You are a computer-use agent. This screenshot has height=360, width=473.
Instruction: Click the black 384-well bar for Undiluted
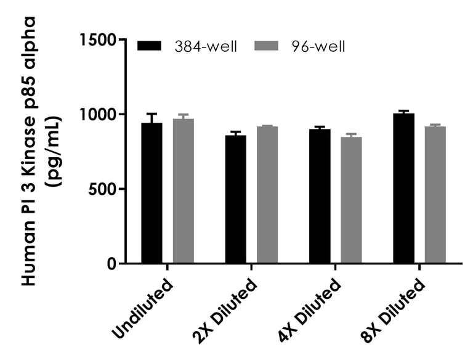(152, 194)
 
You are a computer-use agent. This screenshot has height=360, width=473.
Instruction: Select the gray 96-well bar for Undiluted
(183, 191)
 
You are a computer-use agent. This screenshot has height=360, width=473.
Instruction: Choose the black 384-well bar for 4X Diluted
(319, 197)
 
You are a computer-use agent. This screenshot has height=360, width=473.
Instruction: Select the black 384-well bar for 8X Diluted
(403, 189)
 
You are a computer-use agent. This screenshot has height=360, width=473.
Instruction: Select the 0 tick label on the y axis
(111, 264)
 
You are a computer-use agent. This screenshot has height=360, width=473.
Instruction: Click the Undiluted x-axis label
(143, 309)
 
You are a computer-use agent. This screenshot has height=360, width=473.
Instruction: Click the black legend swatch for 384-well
(149, 46)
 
